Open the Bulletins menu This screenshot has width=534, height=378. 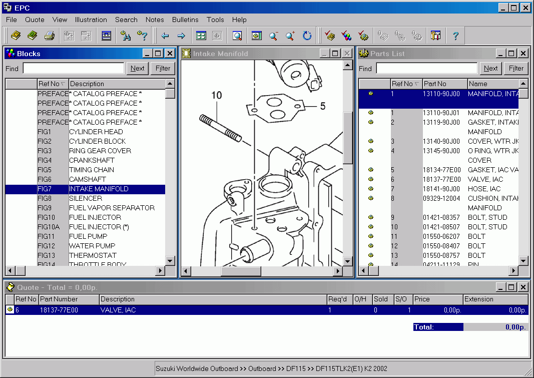click(185, 20)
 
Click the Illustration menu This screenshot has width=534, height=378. click(91, 20)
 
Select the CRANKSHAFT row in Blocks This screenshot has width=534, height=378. click(92, 160)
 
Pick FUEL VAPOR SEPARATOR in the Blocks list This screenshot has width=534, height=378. click(112, 208)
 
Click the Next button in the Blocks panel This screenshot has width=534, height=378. click(137, 69)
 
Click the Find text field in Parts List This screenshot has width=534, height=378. click(426, 69)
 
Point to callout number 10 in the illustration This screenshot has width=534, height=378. click(216, 95)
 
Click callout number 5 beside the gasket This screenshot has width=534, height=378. click(323, 106)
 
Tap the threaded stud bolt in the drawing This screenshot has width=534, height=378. click(221, 128)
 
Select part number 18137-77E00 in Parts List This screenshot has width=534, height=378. click(441, 179)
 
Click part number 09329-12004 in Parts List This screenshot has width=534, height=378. click(441, 198)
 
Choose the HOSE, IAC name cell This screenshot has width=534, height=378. click(484, 189)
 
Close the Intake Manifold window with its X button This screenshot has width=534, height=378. click(347, 54)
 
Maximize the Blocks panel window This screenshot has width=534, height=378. click(158, 54)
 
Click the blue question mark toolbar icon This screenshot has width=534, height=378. click(455, 36)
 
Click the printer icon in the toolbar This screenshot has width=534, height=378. click(49, 36)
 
